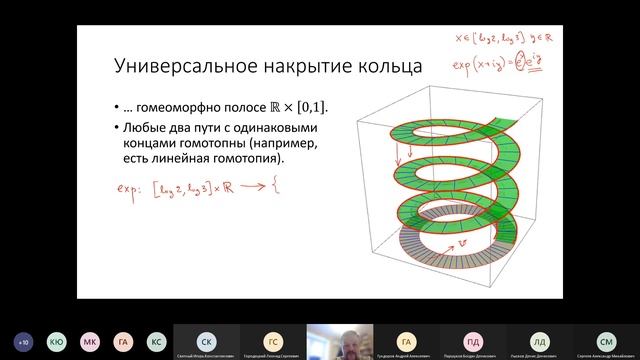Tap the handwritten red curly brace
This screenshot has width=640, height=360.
click(x=272, y=187)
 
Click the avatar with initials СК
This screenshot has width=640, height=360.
click(x=205, y=340)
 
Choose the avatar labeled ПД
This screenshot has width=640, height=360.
click(x=472, y=340)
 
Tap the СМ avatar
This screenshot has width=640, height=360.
click(x=606, y=340)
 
